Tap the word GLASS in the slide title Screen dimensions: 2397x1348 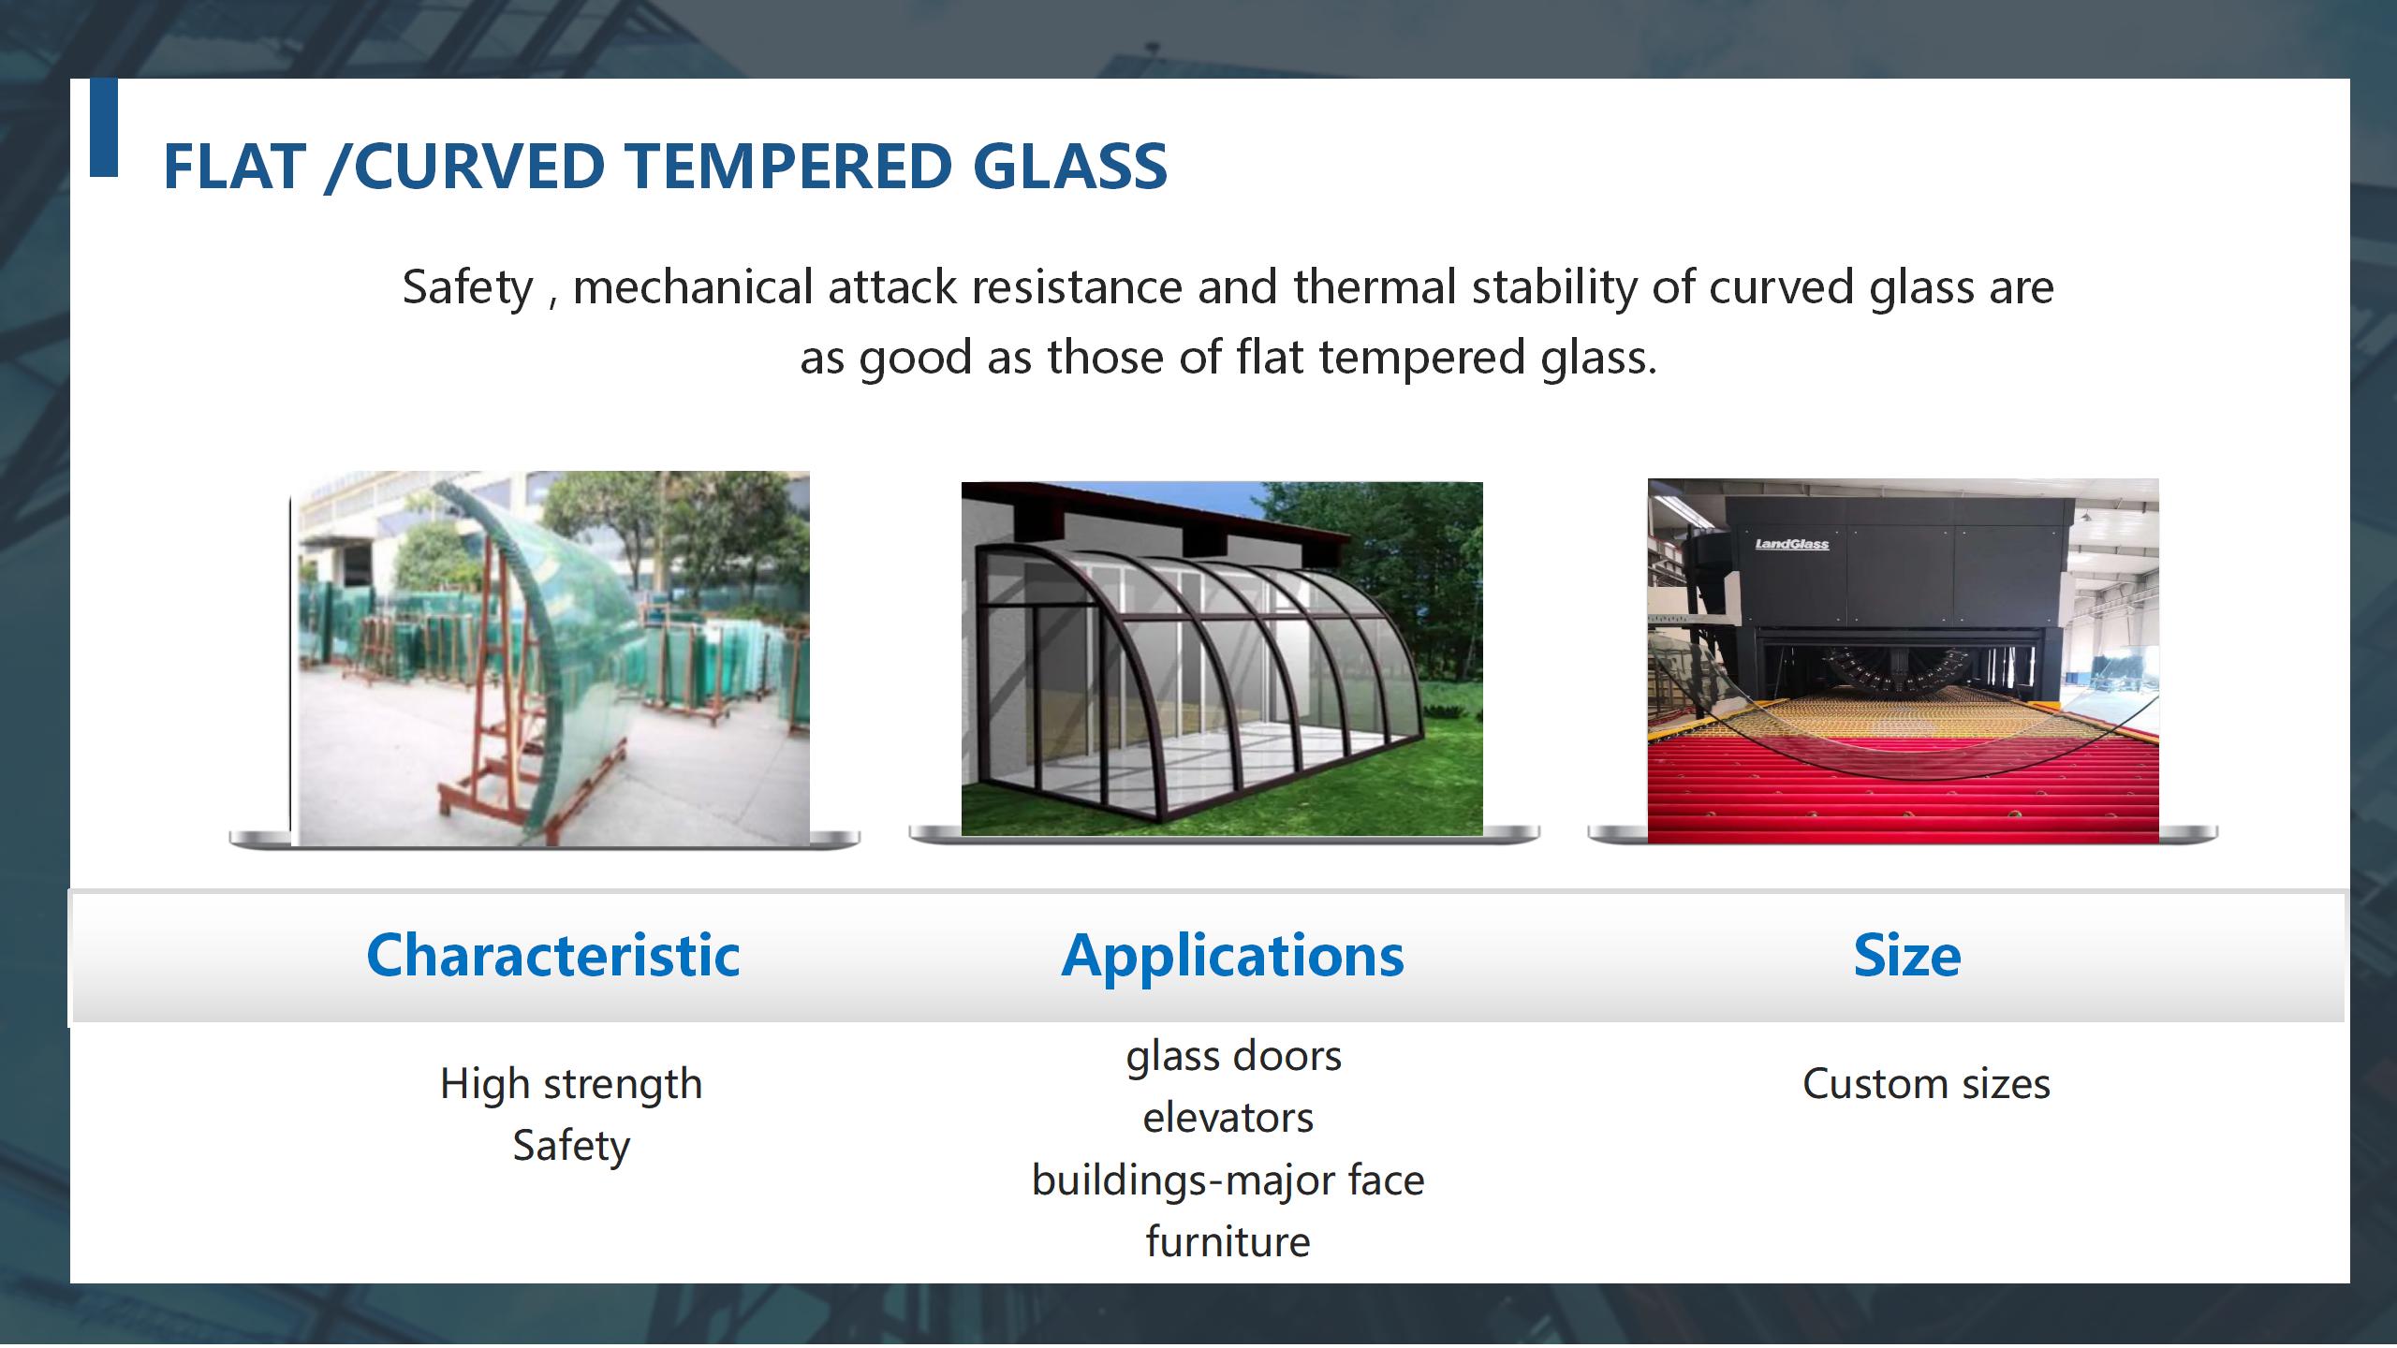coord(1070,167)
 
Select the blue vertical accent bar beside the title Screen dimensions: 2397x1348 coord(104,127)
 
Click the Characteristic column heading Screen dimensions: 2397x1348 coord(553,956)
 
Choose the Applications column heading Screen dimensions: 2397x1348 coord(1233,956)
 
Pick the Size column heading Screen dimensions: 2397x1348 coord(1907,956)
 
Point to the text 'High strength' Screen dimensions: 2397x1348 coord(571,1085)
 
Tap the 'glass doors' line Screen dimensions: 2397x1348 coord(1234,1057)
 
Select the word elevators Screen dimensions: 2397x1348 coord(1228,1119)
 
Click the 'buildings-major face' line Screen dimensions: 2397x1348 coord(1228,1180)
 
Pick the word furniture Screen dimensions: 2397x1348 coord(1228,1242)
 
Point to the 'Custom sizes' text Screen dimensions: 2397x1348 coord(1927,1085)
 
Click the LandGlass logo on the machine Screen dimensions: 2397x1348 coord(1792,544)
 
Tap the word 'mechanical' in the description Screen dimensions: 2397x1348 coord(693,286)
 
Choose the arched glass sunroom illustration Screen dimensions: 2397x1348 coord(1222,659)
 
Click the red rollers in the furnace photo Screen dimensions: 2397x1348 coord(1904,791)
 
